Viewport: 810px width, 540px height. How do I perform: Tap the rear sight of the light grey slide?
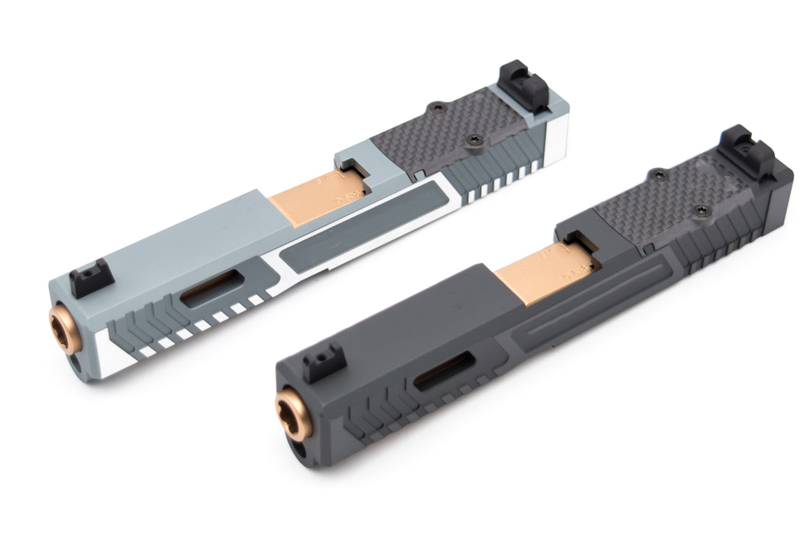click(x=524, y=87)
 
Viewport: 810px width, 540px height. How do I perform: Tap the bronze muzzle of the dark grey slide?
click(x=291, y=414)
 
